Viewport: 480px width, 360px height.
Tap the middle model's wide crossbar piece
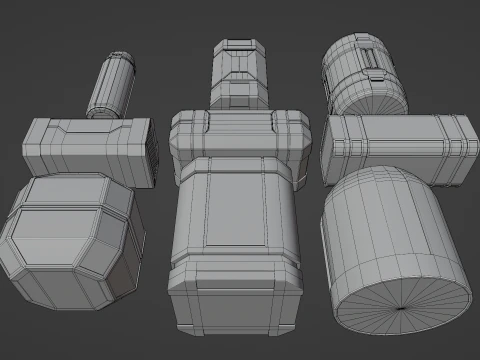tap(237, 132)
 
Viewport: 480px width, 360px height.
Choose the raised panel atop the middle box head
tap(237, 205)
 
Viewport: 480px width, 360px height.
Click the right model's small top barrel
tap(362, 75)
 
